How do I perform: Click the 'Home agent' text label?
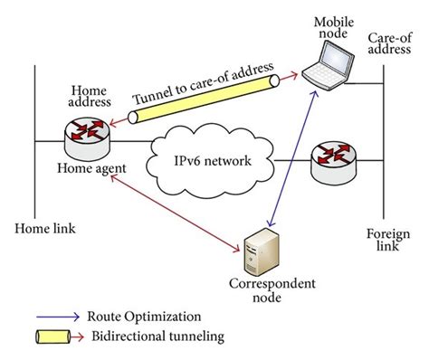coord(90,169)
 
